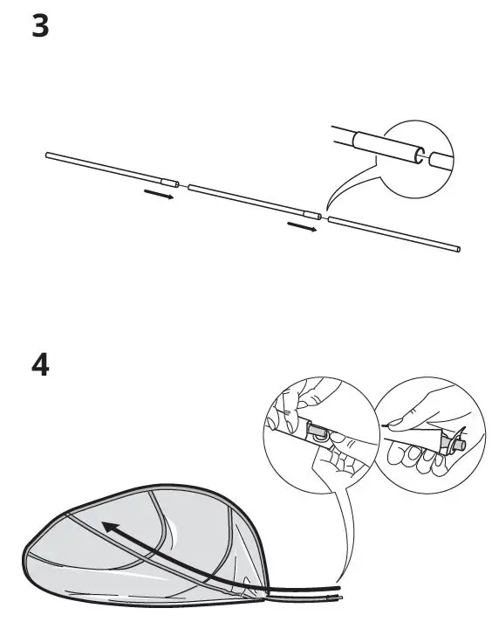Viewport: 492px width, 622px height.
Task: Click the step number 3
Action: pyautogui.click(x=40, y=26)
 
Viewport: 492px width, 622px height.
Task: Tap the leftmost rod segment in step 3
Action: pyautogui.click(x=113, y=169)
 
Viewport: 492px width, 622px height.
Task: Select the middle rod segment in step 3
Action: pyautogui.click(x=255, y=202)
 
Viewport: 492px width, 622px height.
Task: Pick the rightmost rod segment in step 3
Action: pyautogui.click(x=394, y=234)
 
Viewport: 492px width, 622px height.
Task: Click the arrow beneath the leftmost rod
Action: pyautogui.click(x=159, y=194)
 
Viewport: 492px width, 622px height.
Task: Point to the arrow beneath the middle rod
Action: pyautogui.click(x=302, y=226)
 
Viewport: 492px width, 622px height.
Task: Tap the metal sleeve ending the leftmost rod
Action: pyautogui.click(x=170, y=183)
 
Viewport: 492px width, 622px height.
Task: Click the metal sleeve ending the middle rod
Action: pyautogui.click(x=312, y=216)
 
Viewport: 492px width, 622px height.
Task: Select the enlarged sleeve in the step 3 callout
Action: pyautogui.click(x=388, y=148)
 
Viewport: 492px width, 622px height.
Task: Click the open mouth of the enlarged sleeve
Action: pyautogui.click(x=420, y=155)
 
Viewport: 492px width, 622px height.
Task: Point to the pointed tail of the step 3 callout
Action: pyautogui.click(x=327, y=209)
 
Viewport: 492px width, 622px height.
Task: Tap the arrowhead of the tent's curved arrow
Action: pyautogui.click(x=110, y=529)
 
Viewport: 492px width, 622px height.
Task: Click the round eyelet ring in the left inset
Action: pyautogui.click(x=320, y=437)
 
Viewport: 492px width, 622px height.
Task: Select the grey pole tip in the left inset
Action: pyautogui.click(x=316, y=431)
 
